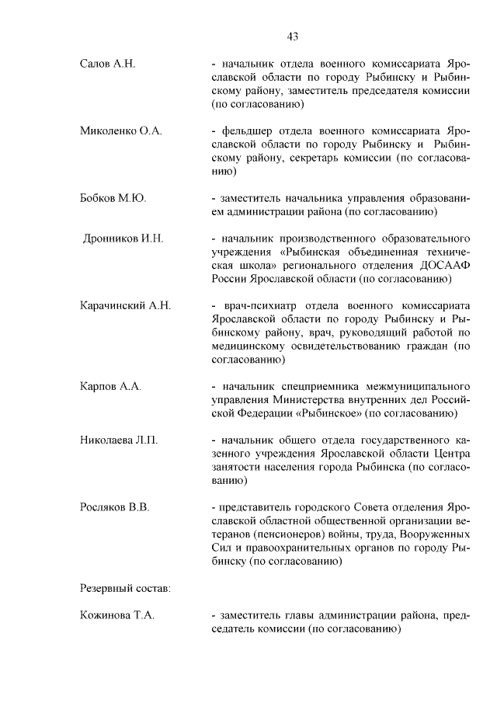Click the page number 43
[x=293, y=36]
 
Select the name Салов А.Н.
[x=108, y=63]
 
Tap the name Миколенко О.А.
[x=120, y=131]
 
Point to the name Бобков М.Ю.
[x=113, y=198]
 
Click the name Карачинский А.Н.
[x=125, y=305]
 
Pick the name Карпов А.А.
[x=110, y=386]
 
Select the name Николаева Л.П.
[x=119, y=440]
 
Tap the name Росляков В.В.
[x=114, y=508]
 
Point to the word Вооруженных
[x=434, y=535]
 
